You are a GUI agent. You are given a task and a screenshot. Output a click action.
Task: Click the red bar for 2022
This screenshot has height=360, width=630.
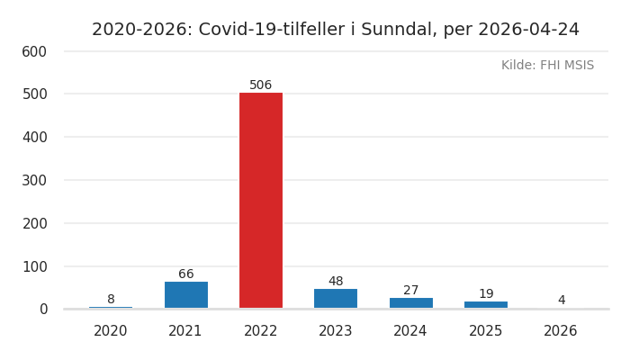(x=261, y=201)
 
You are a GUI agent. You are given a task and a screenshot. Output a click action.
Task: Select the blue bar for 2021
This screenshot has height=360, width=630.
(x=186, y=295)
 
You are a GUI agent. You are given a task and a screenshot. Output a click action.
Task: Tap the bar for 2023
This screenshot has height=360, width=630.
(x=336, y=299)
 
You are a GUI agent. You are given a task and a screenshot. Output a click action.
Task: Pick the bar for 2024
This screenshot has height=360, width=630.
(x=410, y=303)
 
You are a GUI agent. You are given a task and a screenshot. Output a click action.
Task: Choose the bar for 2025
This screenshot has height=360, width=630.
(x=486, y=305)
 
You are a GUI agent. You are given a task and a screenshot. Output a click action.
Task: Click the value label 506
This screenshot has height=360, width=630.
(x=261, y=85)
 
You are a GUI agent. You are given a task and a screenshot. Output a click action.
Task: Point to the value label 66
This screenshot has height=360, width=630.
(x=186, y=274)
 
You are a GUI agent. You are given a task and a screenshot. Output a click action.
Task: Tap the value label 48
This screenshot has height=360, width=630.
(x=336, y=282)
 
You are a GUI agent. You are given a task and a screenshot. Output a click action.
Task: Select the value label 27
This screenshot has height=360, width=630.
(x=410, y=291)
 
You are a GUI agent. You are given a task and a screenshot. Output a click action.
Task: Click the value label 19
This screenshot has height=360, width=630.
(x=486, y=294)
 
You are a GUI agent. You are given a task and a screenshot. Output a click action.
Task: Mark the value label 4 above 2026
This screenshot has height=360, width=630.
(x=561, y=301)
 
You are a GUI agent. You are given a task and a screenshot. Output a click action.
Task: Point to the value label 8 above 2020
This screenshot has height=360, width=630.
(x=111, y=300)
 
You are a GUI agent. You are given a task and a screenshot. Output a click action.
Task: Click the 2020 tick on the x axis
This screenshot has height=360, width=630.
(x=111, y=331)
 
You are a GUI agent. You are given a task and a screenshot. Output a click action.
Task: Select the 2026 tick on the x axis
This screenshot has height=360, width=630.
(x=561, y=331)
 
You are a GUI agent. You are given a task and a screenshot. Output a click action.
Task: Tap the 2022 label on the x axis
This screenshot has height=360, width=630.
(x=261, y=331)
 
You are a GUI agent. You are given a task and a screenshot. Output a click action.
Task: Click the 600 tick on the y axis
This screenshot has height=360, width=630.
(x=34, y=52)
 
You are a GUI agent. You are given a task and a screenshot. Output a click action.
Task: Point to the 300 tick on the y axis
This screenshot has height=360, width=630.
(x=34, y=180)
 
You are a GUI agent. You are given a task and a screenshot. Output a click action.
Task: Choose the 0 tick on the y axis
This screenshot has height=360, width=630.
(x=42, y=309)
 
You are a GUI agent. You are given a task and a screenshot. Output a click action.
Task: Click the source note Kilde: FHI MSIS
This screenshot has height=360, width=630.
(x=547, y=66)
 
